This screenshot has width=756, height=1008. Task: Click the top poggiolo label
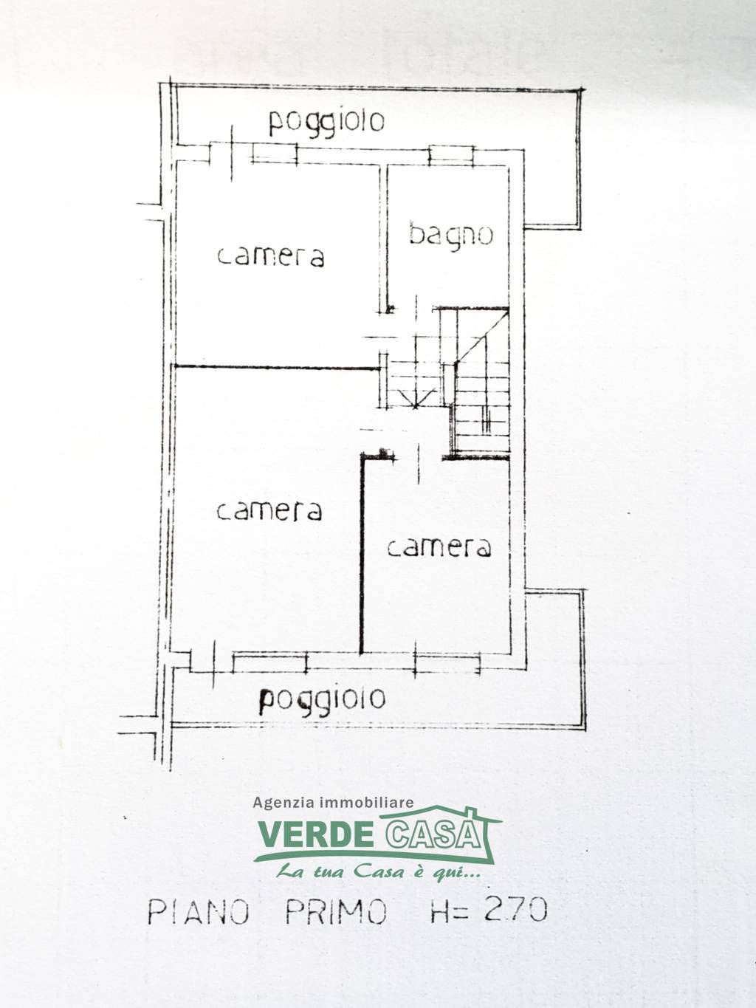pyautogui.click(x=326, y=123)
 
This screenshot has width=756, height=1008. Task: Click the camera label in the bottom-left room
pyautogui.click(x=269, y=510)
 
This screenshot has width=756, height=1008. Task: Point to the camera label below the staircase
pyautogui.click(x=439, y=546)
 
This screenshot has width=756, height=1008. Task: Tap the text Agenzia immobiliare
pyautogui.click(x=333, y=802)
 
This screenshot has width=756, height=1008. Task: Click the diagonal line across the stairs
pyautogui.click(x=482, y=336)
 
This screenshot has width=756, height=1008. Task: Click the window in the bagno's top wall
pyautogui.click(x=451, y=155)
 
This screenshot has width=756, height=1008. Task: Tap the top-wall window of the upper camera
pyautogui.click(x=275, y=154)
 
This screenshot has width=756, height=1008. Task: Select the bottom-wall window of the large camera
pyautogui.click(x=270, y=662)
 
